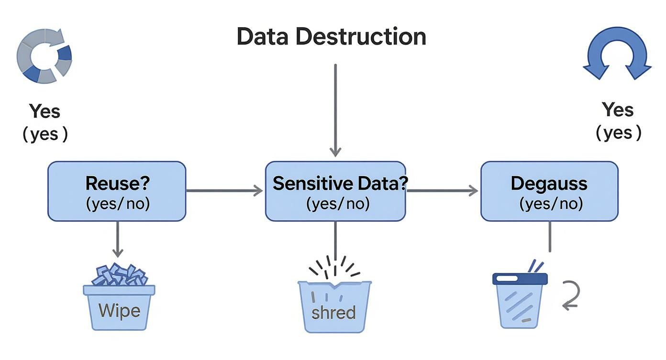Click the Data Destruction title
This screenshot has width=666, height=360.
pyautogui.click(x=331, y=37)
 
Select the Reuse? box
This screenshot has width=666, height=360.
pyautogui.click(x=117, y=191)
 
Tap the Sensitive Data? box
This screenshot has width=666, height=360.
pyautogui.click(x=335, y=191)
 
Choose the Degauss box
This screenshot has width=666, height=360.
pyautogui.click(x=549, y=191)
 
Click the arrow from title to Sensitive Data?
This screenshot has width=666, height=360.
pyautogui.click(x=335, y=110)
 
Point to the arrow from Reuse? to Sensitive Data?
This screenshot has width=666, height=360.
pyautogui.click(x=224, y=191)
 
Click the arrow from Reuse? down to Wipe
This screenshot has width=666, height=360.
pyautogui.click(x=117, y=239)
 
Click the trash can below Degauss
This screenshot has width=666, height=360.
pyautogui.click(x=520, y=304)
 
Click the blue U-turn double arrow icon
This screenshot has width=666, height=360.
pyautogui.click(x=617, y=53)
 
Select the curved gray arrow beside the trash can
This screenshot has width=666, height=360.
pyautogui.click(x=570, y=296)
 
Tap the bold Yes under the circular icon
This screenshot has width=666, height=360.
pyautogui.click(x=45, y=112)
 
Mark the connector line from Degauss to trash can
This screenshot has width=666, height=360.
pyautogui.click(x=549, y=237)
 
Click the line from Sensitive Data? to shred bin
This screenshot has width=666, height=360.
pyautogui.click(x=335, y=239)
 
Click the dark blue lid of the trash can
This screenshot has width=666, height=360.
pyautogui.click(x=520, y=279)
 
